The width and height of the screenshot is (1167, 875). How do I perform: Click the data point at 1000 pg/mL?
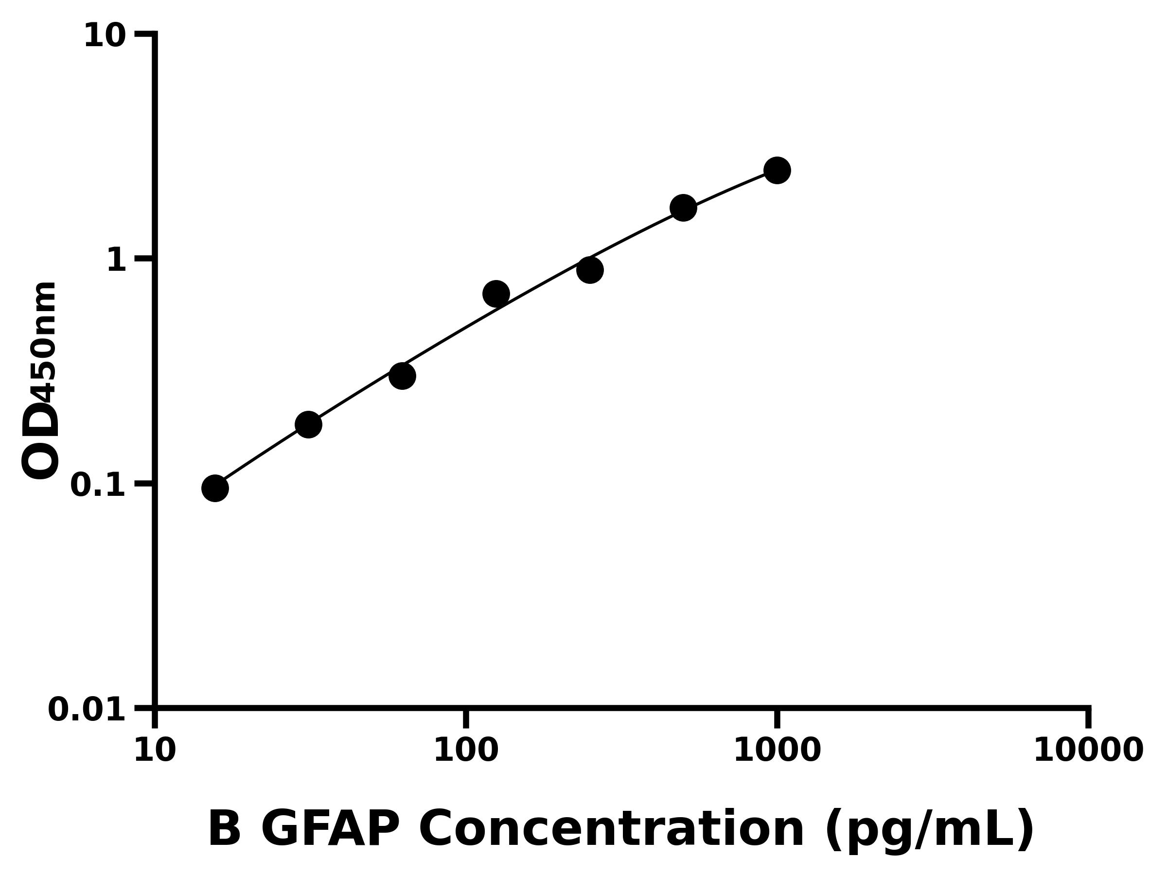777,170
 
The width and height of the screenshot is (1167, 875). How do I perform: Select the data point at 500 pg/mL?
683,208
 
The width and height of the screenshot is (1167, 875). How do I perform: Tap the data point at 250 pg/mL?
590,270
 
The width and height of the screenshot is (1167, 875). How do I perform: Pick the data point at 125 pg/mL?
496,294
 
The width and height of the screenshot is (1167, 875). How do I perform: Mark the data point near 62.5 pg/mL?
402,376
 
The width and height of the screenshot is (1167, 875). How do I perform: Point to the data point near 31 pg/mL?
309,424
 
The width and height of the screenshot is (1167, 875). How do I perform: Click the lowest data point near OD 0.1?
215,489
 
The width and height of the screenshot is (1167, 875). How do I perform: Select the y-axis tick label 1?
117,261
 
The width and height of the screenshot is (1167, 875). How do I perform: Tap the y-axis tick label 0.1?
98,485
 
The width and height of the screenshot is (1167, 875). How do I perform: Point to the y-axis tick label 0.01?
87,710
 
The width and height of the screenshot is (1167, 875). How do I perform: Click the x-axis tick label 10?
155,751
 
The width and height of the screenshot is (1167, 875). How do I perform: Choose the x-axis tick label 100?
466,751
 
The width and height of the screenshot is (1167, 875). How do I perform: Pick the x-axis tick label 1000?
777,751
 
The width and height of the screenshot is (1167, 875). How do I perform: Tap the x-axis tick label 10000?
1088,751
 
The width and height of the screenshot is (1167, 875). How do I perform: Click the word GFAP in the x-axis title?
330,829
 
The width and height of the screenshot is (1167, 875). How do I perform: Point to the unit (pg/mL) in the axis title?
929,830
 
